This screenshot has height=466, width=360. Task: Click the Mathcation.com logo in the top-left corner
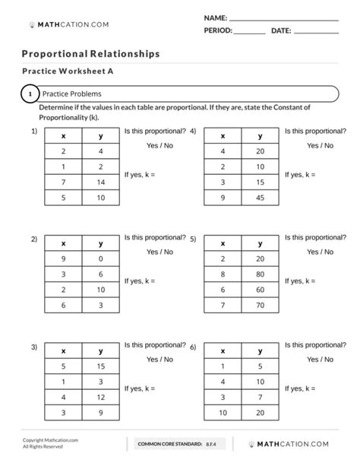(x=68, y=24)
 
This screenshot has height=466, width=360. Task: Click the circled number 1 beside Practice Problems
(x=30, y=94)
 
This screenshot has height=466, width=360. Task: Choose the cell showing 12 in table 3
(x=100, y=398)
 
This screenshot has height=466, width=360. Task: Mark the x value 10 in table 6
(x=222, y=414)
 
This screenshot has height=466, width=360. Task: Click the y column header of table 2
(x=100, y=244)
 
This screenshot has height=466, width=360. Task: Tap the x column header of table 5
(x=222, y=244)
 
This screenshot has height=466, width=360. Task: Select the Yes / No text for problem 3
(x=159, y=360)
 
